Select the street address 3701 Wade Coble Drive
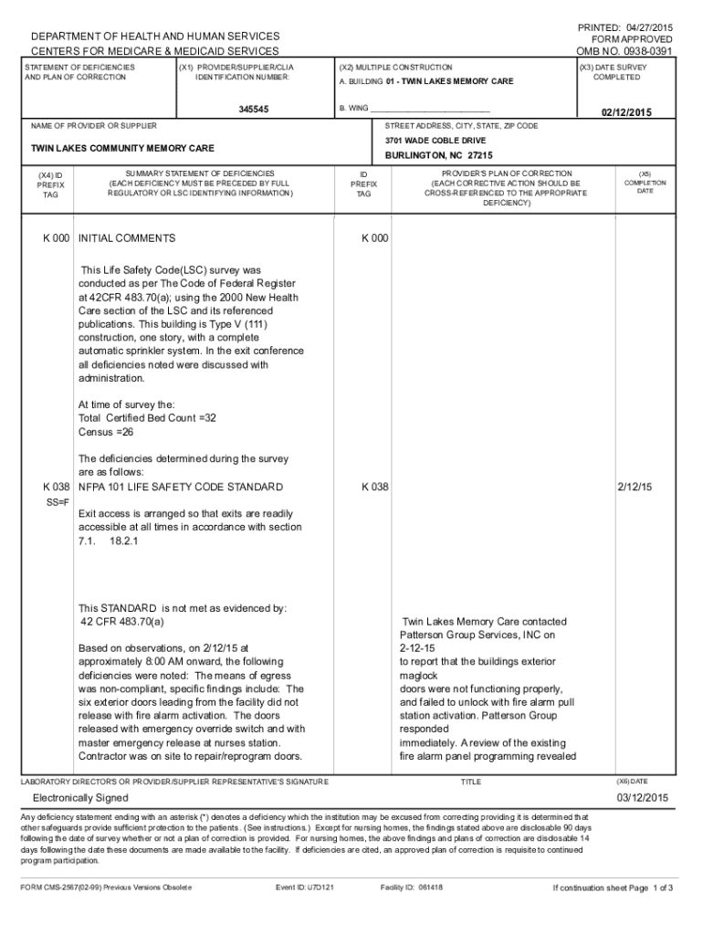click(435, 141)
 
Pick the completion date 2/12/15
click(635, 487)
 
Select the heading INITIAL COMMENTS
click(127, 238)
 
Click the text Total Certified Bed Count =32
click(148, 417)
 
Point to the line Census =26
click(106, 430)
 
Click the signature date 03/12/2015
click(642, 798)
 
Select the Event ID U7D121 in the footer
click(305, 887)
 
